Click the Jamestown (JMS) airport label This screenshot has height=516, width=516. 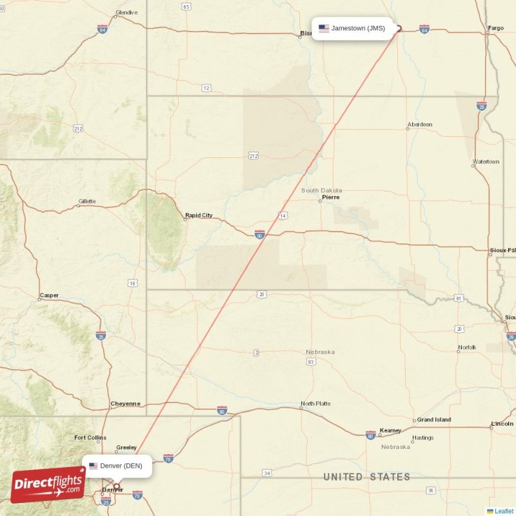click(358, 28)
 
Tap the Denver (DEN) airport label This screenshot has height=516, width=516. click(121, 466)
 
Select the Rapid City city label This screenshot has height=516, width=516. click(199, 215)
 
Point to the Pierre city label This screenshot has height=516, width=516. click(331, 197)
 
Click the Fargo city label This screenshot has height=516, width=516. click(496, 28)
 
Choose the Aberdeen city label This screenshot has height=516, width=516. click(420, 124)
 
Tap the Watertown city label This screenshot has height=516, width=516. click(486, 162)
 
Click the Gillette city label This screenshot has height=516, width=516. click(86, 201)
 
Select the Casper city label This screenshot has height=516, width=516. click(49, 295)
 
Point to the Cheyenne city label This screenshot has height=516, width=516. click(125, 404)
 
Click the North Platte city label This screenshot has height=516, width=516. click(315, 404)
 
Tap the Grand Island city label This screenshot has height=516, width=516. click(434, 420)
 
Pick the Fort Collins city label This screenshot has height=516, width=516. click(90, 438)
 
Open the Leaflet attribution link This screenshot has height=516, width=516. click(504, 511)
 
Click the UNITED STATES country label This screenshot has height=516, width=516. click(366, 477)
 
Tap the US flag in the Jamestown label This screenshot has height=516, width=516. click(324, 28)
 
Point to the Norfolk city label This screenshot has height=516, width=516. click(467, 348)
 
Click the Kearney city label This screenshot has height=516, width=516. click(391, 430)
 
